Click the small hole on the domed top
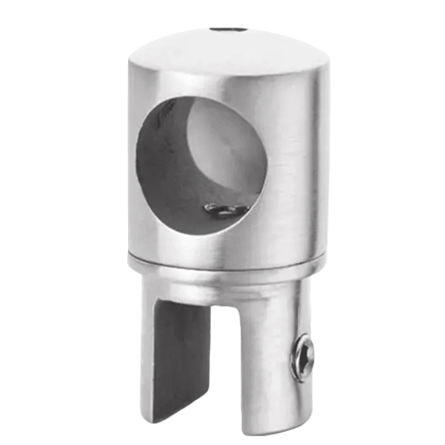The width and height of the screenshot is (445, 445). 230,30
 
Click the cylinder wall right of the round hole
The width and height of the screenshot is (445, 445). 285,169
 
